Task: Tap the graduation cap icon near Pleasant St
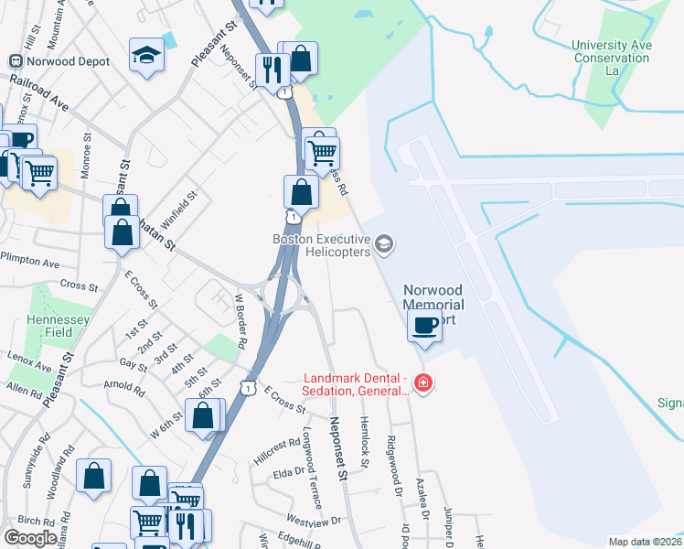point(146,57)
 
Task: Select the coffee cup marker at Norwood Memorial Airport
point(425,326)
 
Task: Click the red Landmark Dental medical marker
point(422,382)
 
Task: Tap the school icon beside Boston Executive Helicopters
point(385,244)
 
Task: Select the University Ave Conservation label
point(612,51)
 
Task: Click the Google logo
point(30,538)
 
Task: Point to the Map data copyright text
point(646,542)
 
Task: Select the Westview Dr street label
point(313,521)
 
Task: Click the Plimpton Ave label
point(30,262)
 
